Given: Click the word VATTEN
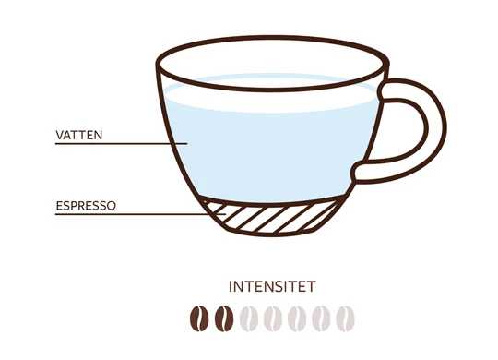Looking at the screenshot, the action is click(79, 135).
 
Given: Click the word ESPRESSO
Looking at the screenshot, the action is click(86, 206).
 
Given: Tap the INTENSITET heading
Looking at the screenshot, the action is click(272, 286).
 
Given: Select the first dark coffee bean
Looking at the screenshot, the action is click(199, 318).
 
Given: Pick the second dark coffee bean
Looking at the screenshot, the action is click(224, 318).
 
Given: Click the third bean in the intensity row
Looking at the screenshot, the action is click(248, 318).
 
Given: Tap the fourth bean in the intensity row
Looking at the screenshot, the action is click(273, 318).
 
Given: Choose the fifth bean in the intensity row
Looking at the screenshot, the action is click(297, 318).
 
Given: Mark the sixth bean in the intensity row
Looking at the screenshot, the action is click(321, 318).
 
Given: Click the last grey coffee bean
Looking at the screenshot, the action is click(345, 318).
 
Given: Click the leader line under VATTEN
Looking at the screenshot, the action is click(122, 144).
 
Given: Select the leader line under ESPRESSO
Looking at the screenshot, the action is click(140, 214).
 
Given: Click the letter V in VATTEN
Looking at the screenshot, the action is click(60, 135).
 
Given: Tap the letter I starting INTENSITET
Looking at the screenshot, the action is click(231, 286).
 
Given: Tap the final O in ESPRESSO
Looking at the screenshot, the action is click(112, 206).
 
